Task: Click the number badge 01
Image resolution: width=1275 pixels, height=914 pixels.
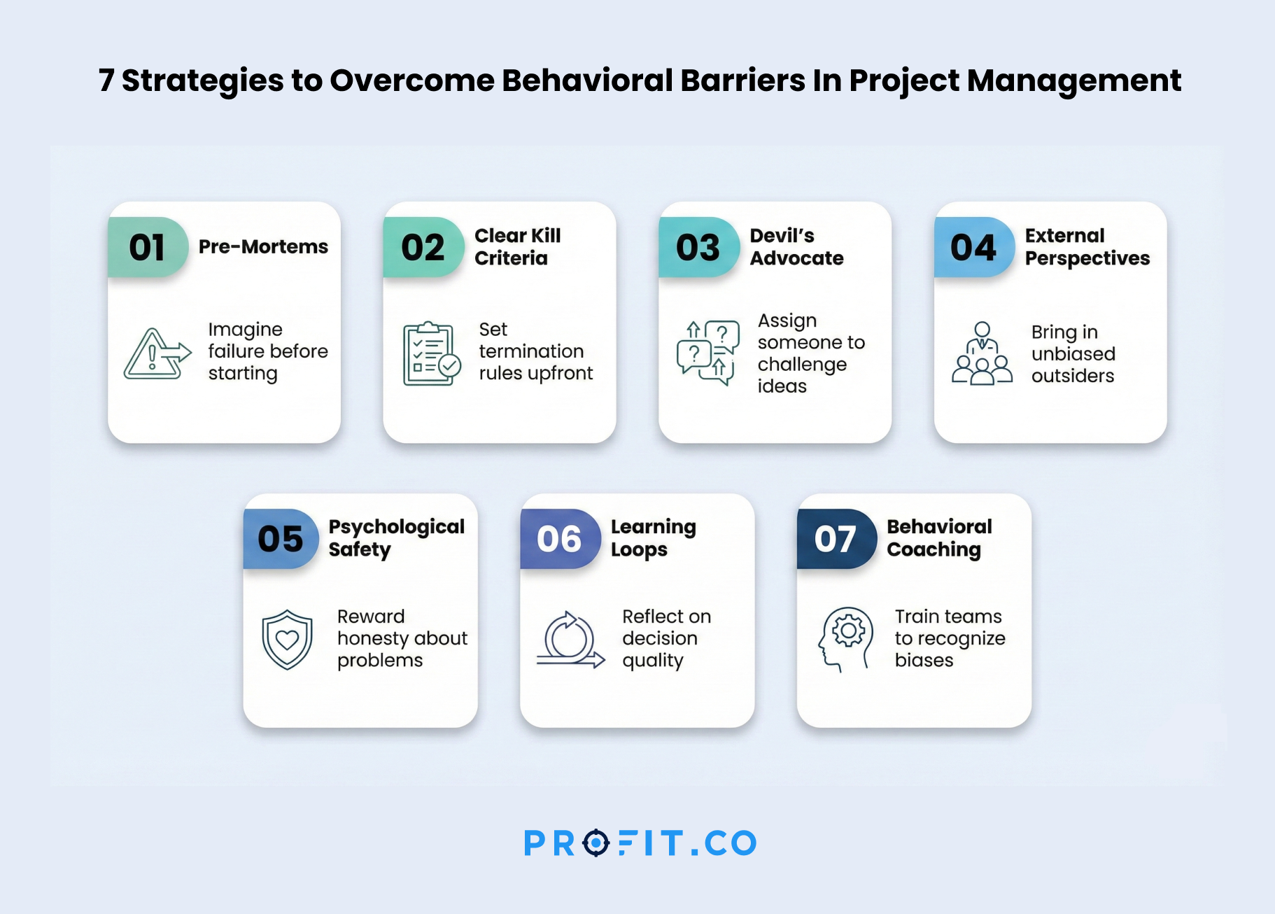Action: tap(148, 247)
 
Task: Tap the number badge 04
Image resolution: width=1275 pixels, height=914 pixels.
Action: tap(974, 247)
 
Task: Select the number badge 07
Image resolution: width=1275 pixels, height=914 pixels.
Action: tap(836, 539)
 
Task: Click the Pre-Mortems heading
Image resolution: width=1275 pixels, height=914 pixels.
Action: tap(263, 246)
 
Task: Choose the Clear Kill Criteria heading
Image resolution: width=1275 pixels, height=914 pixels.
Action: tap(517, 246)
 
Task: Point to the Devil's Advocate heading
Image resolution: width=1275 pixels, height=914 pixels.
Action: tap(796, 246)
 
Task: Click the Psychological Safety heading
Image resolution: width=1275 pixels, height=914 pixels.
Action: tap(396, 537)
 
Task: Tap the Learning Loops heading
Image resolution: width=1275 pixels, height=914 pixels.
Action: tap(653, 537)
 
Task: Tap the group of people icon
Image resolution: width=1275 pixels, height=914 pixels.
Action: tap(982, 353)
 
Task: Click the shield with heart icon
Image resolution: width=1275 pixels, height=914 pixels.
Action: tap(287, 640)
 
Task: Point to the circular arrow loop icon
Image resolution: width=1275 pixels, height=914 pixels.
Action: tap(570, 640)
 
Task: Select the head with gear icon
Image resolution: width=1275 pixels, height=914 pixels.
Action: tap(845, 640)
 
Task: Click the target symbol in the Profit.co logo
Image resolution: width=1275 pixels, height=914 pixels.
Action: tap(596, 843)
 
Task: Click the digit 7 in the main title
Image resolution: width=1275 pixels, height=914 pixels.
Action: tap(106, 80)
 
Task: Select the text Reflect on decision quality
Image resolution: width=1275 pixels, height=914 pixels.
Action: tap(666, 638)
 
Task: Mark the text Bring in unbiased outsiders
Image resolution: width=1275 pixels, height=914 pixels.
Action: tap(1073, 353)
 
